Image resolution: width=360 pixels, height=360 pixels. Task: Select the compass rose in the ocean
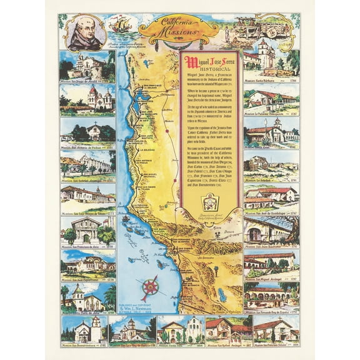click(x=151, y=288)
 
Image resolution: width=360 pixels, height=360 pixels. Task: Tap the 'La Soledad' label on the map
click(x=148, y=150)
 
